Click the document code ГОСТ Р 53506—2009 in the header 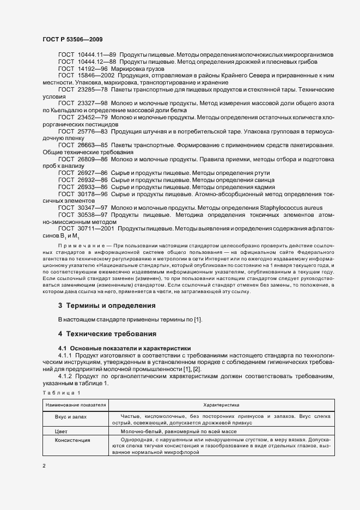(x=72, y=40)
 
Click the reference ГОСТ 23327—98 (x=83, y=103)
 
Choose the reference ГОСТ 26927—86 (x=83, y=173)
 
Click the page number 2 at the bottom (x=44, y=466)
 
